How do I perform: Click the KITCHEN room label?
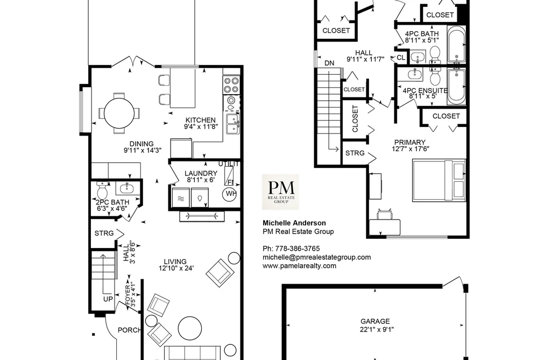click(200, 120)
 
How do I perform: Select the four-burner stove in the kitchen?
click(231, 85)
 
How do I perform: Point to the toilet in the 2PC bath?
click(102, 190)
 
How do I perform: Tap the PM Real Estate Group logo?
click(280, 192)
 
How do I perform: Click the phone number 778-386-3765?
click(298, 249)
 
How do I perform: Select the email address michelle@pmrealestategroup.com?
click(317, 257)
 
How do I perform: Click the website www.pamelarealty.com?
click(299, 266)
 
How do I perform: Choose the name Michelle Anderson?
click(294, 223)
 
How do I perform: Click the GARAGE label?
click(375, 321)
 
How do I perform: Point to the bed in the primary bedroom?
click(438, 180)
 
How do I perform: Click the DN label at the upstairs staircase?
click(329, 63)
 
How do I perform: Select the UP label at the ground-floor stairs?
click(108, 299)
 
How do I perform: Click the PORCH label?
click(129, 330)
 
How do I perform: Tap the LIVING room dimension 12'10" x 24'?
click(176, 269)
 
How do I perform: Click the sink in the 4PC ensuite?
click(414, 74)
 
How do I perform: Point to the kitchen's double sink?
click(232, 124)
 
